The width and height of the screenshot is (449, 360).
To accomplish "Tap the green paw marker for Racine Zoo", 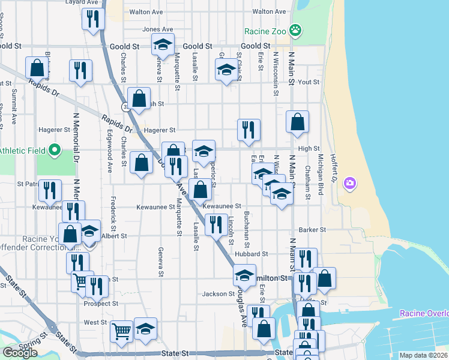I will point(295,29).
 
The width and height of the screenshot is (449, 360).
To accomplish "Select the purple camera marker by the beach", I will point(350,182).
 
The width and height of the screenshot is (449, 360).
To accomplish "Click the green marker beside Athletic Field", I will point(55,149).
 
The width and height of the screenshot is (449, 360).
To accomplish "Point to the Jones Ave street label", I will point(157,29).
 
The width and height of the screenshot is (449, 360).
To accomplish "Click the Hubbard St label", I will point(247,254).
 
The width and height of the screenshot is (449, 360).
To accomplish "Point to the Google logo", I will point(20,353).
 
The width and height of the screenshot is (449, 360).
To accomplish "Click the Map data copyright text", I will point(423,355).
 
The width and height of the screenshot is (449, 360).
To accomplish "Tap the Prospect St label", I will point(101,304).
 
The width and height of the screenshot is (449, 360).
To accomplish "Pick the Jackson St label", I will point(218,294).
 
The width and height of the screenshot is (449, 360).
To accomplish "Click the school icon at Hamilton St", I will point(244,275).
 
